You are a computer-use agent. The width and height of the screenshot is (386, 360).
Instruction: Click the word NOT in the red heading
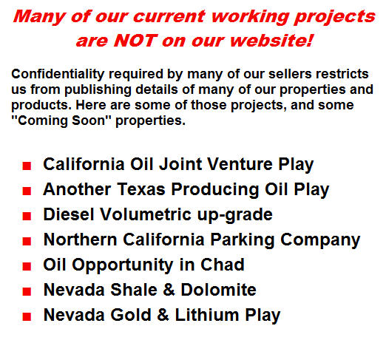tap(135, 41)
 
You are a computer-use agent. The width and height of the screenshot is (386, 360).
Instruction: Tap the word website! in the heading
tap(271, 41)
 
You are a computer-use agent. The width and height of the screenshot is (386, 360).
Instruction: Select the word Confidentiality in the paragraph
tap(58, 74)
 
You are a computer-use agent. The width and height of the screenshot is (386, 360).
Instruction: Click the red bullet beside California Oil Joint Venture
tap(27, 166)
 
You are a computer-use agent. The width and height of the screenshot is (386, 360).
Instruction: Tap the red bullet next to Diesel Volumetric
tap(27, 216)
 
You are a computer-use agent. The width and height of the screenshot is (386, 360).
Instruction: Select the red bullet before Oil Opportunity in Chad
tap(27, 266)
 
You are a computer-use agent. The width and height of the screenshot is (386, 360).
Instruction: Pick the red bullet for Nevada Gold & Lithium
tap(27, 316)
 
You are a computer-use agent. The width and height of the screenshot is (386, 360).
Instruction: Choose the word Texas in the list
tap(141, 189)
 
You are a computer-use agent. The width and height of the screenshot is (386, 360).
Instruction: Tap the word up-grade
tap(234, 215)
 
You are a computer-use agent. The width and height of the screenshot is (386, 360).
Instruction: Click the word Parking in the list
tap(242, 240)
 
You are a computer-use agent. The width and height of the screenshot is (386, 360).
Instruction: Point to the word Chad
tap(222, 265)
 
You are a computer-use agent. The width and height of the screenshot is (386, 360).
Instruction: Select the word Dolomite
tap(218, 290)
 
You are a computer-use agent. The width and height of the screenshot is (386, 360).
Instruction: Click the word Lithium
tap(207, 315)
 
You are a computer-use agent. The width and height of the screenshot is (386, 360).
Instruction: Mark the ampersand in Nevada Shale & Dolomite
tap(169, 290)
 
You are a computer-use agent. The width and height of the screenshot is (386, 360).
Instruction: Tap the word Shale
tap(134, 290)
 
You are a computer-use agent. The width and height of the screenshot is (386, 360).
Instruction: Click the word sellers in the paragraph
tap(290, 74)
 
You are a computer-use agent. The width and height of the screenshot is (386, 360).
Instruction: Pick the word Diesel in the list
tap(69, 214)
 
